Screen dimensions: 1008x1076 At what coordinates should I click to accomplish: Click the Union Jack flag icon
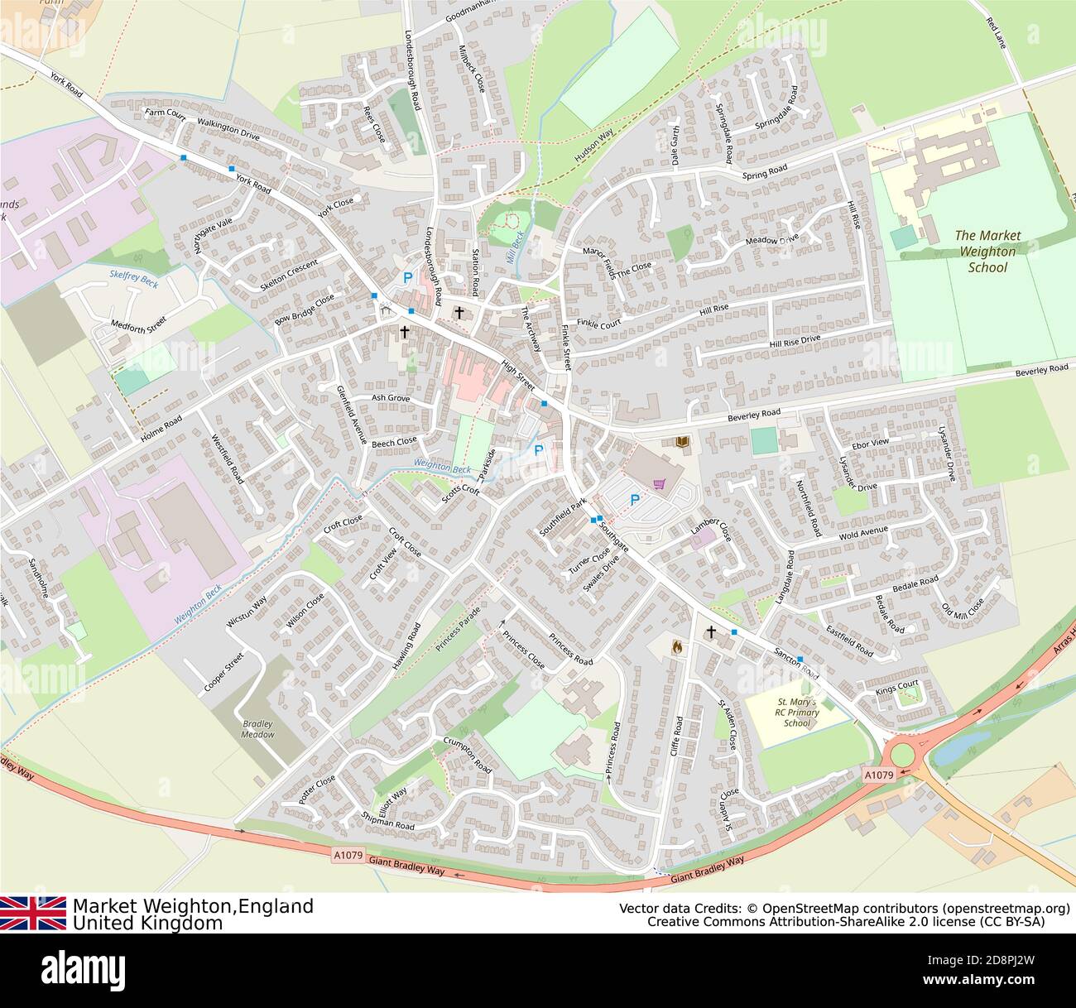click(33, 913)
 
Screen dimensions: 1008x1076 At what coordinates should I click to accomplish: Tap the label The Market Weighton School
click(987, 251)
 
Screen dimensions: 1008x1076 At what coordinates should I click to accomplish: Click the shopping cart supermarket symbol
click(660, 484)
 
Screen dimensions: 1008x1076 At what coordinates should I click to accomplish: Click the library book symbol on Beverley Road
click(682, 444)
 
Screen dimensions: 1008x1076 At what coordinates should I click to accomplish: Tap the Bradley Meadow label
click(257, 728)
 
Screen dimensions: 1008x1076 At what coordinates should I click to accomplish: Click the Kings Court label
click(897, 688)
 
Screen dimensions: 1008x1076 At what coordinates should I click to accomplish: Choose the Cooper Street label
click(223, 673)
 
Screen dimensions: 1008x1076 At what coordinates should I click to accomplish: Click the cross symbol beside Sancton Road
click(710, 633)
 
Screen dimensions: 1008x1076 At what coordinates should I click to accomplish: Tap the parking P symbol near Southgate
click(635, 500)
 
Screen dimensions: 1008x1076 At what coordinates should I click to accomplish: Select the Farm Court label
click(165, 113)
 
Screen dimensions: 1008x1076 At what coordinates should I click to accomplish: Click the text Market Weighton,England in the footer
click(193, 905)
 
